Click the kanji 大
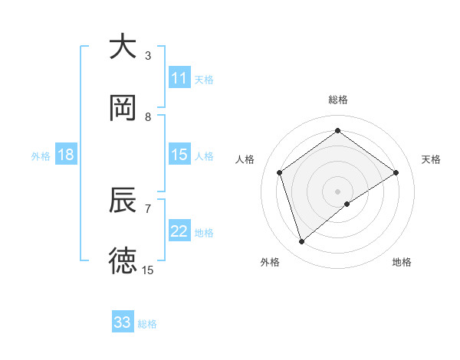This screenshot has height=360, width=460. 123,47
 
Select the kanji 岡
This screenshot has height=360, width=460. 123,108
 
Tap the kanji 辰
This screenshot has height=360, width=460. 123,201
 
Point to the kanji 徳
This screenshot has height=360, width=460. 123,261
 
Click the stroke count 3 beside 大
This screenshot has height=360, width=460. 148,56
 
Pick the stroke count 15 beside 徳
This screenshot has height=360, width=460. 148,270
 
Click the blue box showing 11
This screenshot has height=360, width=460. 179,78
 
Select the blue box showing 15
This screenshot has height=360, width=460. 179,155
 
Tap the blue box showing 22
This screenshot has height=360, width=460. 179,231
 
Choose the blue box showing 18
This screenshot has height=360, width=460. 66,155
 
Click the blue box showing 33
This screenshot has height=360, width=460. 123,322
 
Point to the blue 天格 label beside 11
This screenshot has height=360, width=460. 204,79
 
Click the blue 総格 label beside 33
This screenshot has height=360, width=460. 147,324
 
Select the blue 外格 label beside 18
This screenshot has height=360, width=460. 41,155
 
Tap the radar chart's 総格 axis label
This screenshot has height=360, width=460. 338,100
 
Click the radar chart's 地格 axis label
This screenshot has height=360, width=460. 402,262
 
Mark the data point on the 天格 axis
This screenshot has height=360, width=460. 396,172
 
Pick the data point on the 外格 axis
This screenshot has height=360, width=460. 301,242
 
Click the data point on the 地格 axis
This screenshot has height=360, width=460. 348,204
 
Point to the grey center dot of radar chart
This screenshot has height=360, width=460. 338,190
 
